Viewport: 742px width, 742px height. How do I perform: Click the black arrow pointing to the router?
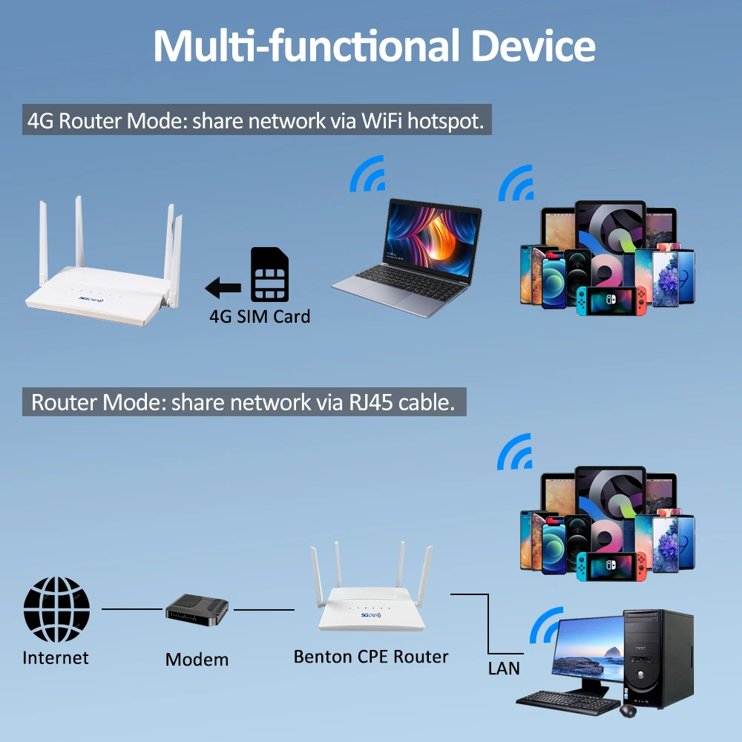click(x=223, y=286)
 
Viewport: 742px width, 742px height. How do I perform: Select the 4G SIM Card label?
click(x=260, y=317)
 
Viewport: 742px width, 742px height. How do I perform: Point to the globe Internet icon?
click(x=56, y=608)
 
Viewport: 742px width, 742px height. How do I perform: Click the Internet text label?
click(x=56, y=658)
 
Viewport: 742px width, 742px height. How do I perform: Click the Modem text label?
click(x=197, y=660)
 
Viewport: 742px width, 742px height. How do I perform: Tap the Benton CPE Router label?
click(x=371, y=657)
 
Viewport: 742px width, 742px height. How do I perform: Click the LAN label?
click(x=504, y=668)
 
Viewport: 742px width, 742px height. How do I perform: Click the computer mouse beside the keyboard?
click(x=628, y=711)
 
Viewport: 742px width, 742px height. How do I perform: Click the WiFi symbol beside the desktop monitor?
click(x=548, y=625)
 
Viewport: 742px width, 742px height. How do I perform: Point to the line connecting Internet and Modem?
click(x=131, y=609)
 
